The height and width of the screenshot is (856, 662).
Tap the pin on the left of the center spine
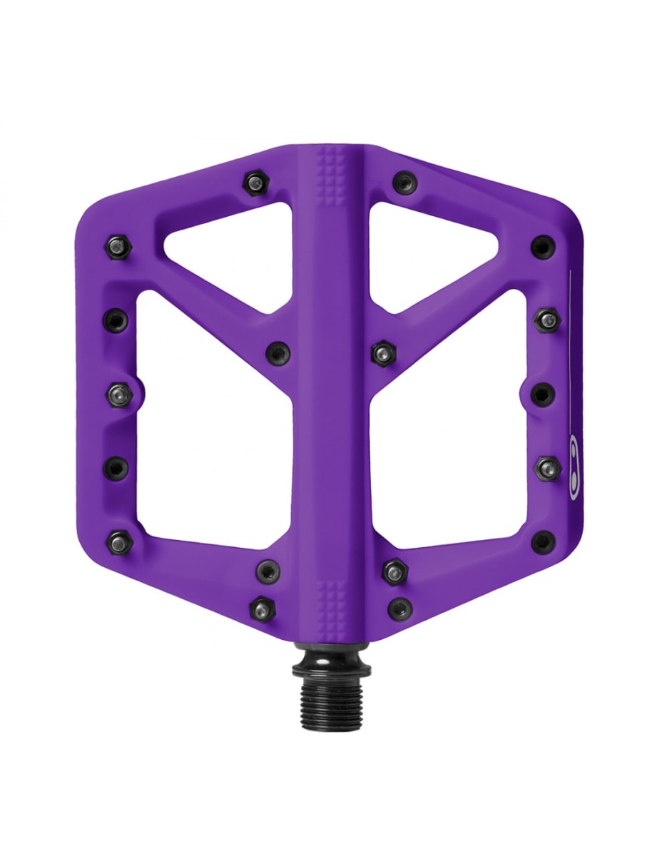(x=277, y=352)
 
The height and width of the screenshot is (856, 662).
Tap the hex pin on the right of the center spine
(x=383, y=352)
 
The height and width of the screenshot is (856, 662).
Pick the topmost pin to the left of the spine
(x=255, y=183)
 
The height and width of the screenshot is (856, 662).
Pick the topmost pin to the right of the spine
(x=405, y=182)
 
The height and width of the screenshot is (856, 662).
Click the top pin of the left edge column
(x=116, y=248)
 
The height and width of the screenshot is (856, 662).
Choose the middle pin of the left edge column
(x=119, y=392)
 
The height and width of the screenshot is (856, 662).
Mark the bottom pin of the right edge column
(x=543, y=541)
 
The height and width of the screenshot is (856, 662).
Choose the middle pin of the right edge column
(x=544, y=393)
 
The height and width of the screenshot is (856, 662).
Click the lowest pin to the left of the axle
(x=263, y=608)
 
